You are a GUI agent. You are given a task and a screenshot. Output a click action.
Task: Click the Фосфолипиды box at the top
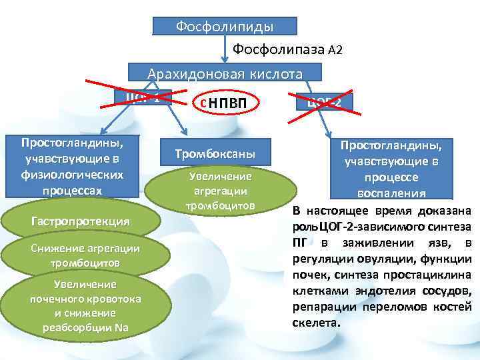pos(225,26)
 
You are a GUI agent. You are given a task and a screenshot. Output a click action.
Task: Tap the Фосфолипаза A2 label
pos(287,50)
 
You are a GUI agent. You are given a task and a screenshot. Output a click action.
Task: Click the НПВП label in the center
pos(223,103)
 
